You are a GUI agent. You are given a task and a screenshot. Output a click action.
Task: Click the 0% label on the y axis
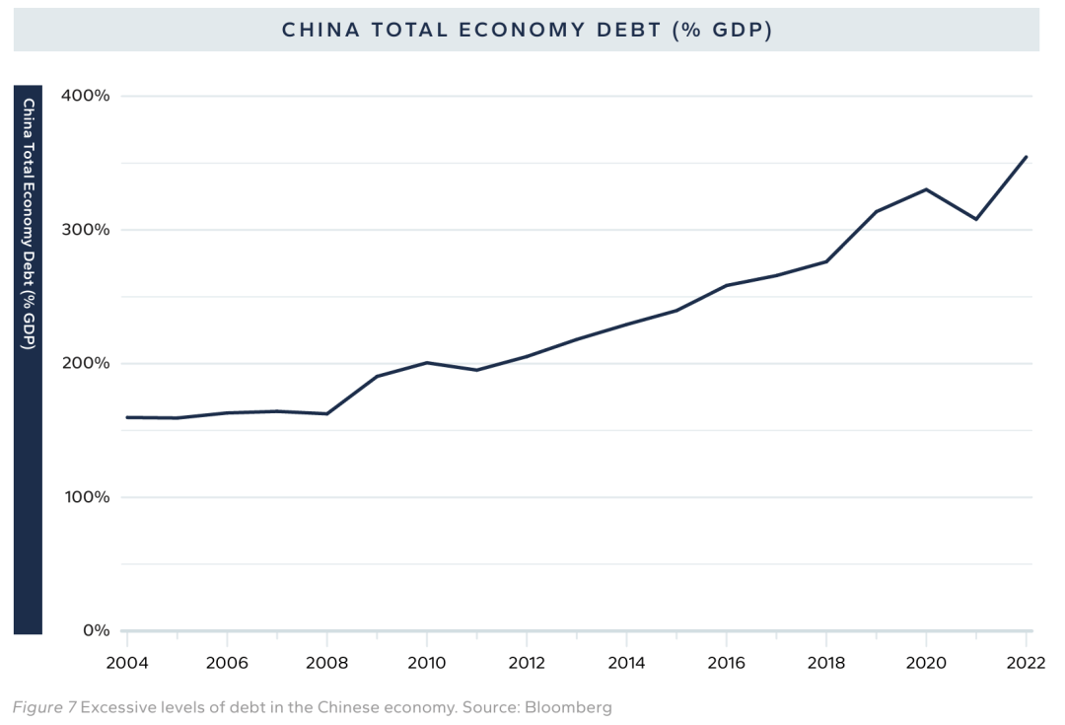[x=95, y=630]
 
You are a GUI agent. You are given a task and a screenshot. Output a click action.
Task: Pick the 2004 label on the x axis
[x=126, y=664]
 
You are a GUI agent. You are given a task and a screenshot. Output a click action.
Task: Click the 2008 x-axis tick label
[x=326, y=664]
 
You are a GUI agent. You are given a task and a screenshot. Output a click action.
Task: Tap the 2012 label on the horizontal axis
[x=527, y=664]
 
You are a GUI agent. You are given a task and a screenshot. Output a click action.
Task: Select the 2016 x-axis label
[x=727, y=664]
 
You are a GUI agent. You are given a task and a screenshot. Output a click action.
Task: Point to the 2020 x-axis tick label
[x=926, y=664]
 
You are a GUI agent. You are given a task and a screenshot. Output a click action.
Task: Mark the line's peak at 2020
[x=926, y=189]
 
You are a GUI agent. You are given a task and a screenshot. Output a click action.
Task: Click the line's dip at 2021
[x=976, y=219]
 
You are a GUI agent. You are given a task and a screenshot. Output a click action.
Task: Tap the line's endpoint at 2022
[x=1027, y=156]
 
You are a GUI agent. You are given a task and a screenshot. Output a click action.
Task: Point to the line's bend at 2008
[x=326, y=413]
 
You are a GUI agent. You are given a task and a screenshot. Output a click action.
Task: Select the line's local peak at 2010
[x=426, y=362]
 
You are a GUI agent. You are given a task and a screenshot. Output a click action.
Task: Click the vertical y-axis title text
[x=29, y=223]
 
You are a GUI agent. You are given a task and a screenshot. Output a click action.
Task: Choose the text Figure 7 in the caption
[x=43, y=707]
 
